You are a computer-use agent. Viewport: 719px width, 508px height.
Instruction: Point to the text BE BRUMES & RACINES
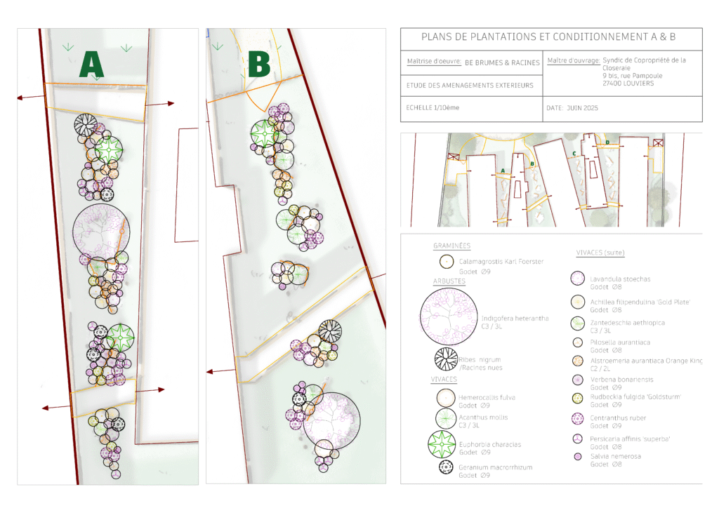point(503,62)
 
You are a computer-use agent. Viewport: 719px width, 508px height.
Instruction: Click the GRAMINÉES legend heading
point(451,246)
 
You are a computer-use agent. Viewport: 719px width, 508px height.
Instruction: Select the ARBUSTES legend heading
point(449,281)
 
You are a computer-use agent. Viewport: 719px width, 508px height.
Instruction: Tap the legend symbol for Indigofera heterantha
point(449,318)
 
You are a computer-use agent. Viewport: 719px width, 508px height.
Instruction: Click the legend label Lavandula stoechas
point(620,279)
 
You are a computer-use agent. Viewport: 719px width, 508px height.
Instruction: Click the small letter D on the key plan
point(607,142)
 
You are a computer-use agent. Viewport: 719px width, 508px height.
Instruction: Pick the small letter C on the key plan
point(574,153)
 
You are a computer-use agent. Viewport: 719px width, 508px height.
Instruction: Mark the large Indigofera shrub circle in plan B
point(331,420)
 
